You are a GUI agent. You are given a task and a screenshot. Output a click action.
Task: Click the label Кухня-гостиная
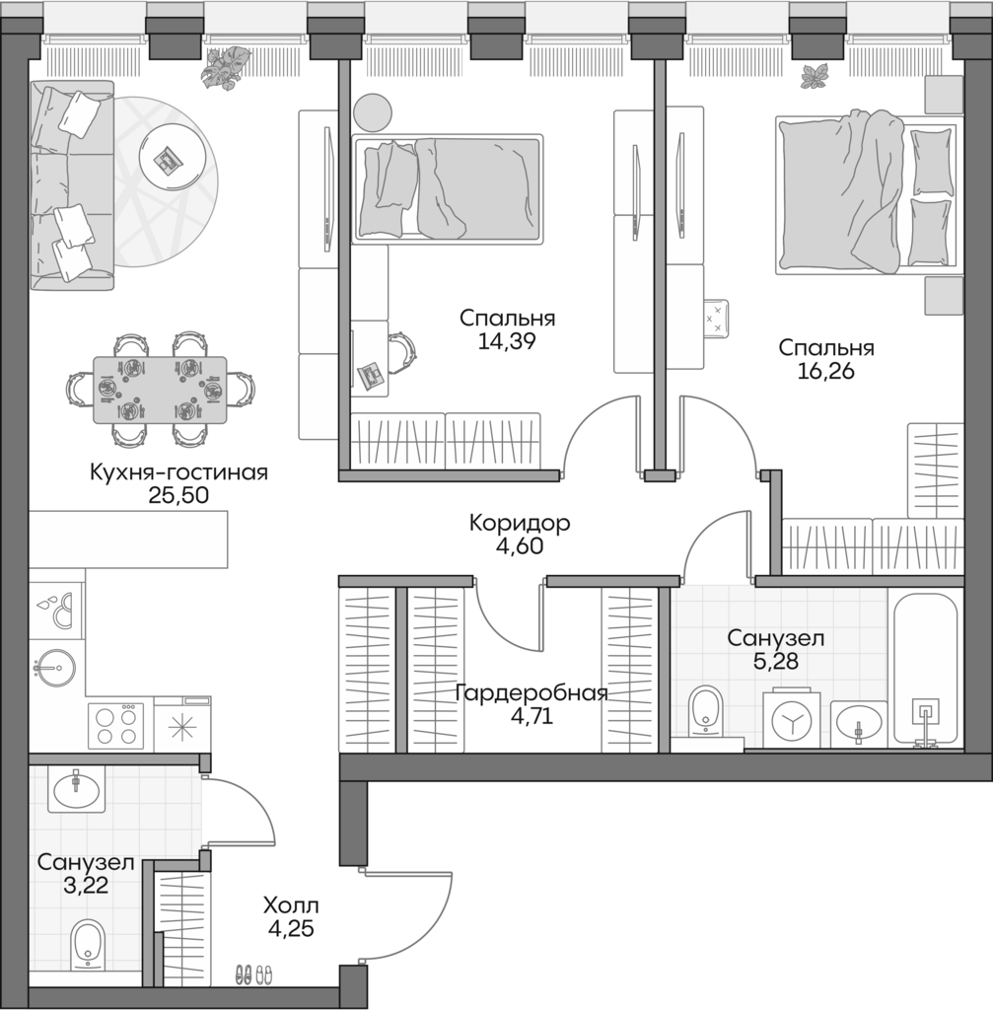178,471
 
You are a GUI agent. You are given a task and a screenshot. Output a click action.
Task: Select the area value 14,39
507,342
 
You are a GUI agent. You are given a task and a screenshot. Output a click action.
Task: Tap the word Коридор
519,522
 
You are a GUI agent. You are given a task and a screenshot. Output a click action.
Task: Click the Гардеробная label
531,692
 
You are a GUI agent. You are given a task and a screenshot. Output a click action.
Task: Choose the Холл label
291,904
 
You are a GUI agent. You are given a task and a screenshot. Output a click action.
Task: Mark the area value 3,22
85,885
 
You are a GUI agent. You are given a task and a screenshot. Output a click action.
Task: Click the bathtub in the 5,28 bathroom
925,671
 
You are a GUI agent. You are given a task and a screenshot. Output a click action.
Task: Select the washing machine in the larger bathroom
791,720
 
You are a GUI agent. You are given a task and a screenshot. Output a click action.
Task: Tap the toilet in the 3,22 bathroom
88,945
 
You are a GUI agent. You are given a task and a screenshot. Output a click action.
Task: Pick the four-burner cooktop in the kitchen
116,727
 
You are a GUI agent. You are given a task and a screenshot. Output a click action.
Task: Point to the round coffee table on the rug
177,158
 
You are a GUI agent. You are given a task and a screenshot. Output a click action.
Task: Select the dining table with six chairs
160,390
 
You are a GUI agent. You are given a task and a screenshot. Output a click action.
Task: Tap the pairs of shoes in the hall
253,974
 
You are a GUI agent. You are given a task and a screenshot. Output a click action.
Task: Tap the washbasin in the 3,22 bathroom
76,789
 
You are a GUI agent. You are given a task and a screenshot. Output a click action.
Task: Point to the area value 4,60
519,545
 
